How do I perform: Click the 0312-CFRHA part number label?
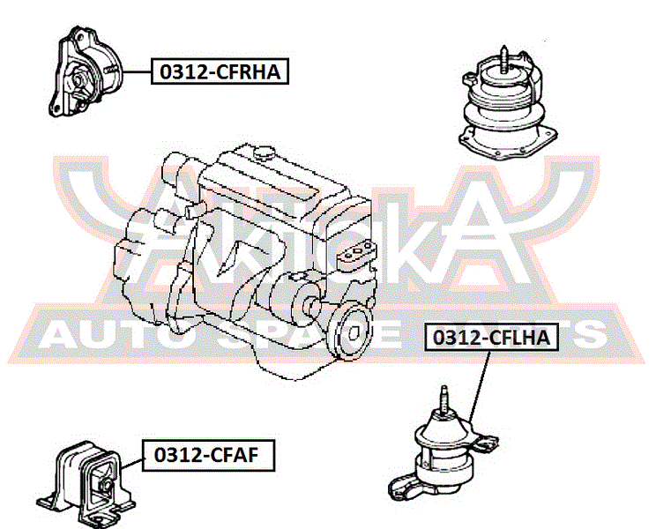pos(220,71)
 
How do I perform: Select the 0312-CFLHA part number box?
pos(492,337)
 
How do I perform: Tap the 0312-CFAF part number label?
pos(208,455)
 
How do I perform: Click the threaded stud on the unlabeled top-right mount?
pos(504,58)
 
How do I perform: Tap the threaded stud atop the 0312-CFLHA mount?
pos(444,399)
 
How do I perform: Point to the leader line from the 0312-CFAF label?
pos(132,463)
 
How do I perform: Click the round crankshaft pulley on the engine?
pos(351,332)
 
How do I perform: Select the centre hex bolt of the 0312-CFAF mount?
pos(106,485)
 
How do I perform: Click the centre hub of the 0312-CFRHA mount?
pos(78,78)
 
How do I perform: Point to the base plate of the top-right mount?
pos(508,144)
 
